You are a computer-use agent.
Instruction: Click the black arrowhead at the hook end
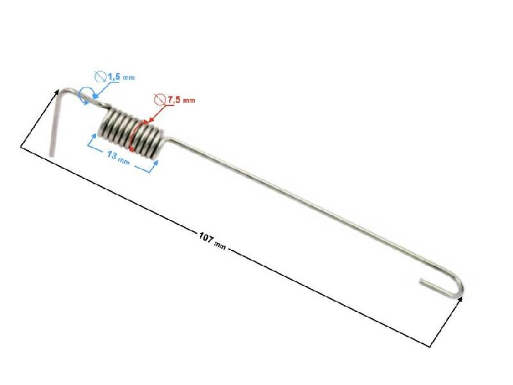[x=461, y=298]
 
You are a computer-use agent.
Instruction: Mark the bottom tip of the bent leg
[x=51, y=155]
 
